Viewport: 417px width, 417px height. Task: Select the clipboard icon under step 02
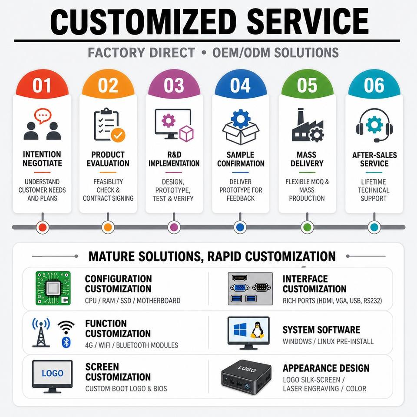[109, 125]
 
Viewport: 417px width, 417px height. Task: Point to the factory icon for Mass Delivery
[308, 125]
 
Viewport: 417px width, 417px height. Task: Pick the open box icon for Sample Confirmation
[241, 126]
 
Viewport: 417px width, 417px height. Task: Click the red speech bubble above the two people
[43, 116]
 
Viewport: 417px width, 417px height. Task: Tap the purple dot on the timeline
[174, 227]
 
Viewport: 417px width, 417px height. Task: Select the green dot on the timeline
[307, 227]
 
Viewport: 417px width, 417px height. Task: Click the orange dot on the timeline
[108, 227]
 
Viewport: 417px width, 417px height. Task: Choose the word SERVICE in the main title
[308, 22]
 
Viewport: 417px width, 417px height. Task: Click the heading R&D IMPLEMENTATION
[174, 159]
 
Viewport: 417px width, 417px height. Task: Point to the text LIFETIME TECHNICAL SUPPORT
[374, 190]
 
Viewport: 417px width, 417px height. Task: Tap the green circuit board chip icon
[53, 288]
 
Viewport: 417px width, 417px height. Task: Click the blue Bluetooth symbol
[66, 342]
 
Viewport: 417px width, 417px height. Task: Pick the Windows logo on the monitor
[240, 330]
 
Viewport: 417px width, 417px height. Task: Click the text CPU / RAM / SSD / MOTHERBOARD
[133, 301]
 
